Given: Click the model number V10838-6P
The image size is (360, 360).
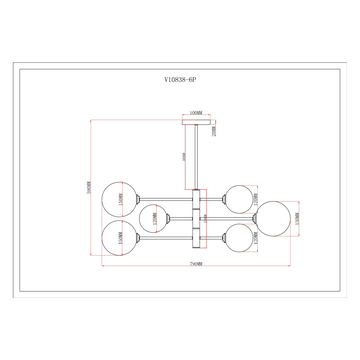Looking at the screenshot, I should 180,87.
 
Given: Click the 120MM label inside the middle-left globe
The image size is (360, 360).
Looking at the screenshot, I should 155,218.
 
